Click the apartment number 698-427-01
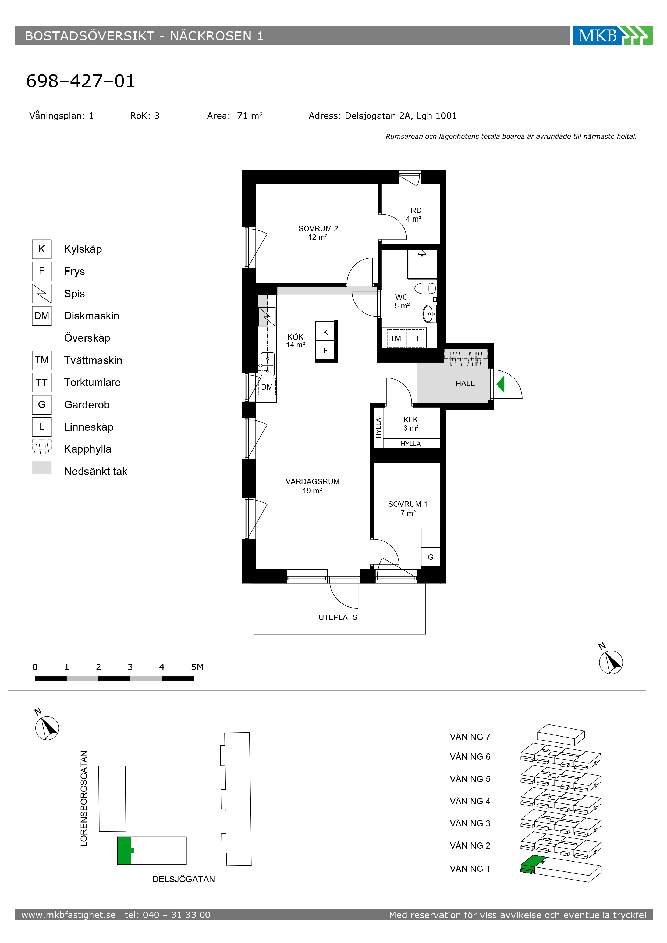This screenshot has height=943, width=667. (80, 81)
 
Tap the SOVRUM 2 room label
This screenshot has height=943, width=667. (318, 233)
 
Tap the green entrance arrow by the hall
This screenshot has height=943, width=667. (501, 384)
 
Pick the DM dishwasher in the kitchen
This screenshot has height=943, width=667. (267, 387)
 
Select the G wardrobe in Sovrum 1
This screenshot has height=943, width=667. (431, 557)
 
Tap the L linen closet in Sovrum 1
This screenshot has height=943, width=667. (431, 538)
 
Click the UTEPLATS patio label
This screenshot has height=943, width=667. (338, 617)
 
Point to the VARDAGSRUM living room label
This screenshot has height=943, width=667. (312, 486)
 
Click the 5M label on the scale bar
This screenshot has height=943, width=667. (197, 667)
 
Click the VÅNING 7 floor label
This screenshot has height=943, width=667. (470, 737)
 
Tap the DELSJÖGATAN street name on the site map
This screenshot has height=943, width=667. (184, 879)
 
